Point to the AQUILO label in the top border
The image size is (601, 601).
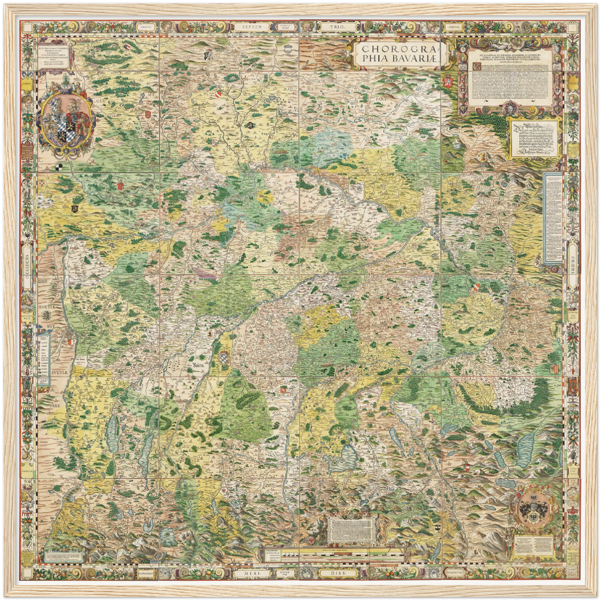click(x=453, y=26)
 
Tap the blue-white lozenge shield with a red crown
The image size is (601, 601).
click(x=224, y=358)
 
